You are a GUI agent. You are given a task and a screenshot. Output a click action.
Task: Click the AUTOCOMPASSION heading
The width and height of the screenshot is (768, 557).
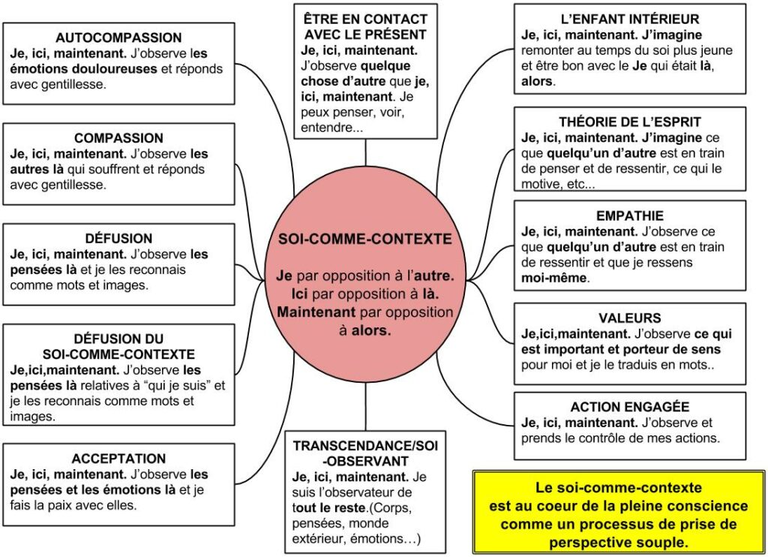pyautogui.click(x=118, y=38)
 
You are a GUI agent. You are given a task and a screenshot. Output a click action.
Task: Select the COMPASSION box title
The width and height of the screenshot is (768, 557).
pyautogui.click(x=118, y=138)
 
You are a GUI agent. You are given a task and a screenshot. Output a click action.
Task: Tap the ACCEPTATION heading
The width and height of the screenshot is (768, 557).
pyautogui.click(x=118, y=459)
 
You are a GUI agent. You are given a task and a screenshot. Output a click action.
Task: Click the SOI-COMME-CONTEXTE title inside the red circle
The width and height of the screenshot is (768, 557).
pyautogui.click(x=365, y=239)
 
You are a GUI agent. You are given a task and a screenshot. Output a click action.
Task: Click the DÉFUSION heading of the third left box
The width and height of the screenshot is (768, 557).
pyautogui.click(x=118, y=239)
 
